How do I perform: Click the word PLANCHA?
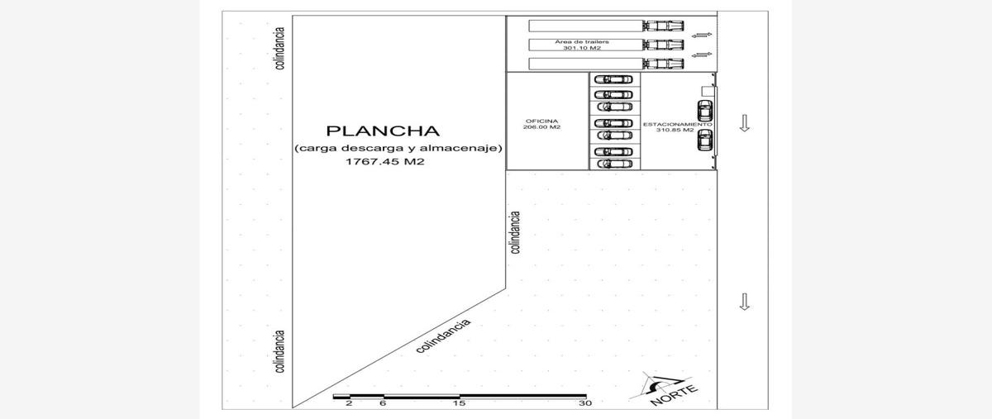(383, 131)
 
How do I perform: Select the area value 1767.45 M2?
(385, 162)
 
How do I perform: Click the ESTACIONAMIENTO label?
(678, 125)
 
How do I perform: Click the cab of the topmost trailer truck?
(663, 26)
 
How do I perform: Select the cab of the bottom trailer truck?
(663, 64)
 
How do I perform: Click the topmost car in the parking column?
(613, 79)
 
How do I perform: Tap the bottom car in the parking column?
(614, 164)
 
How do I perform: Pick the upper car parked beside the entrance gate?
(705, 111)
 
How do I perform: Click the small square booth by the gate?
(708, 91)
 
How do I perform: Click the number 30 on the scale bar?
(585, 403)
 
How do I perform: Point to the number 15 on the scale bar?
(460, 403)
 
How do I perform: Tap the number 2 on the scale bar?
(349, 403)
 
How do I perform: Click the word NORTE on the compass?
(674, 396)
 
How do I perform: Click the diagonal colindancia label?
(443, 336)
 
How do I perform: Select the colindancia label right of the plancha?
(516, 232)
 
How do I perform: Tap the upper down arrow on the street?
(745, 123)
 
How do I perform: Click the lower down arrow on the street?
(745, 302)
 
